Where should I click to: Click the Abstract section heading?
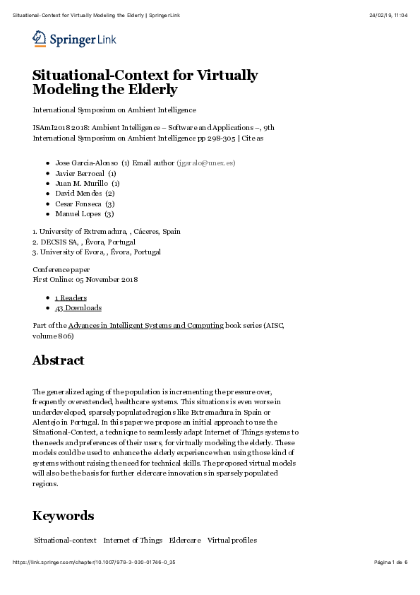(x=59, y=360)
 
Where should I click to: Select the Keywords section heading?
(x=63, y=515)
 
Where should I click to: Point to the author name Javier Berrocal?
(x=80, y=172)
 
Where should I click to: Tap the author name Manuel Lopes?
(x=78, y=213)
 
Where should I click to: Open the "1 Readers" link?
(x=71, y=298)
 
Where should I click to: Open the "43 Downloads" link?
(x=78, y=308)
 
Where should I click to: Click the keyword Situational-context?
(x=66, y=541)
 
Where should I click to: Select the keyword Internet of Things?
(x=133, y=541)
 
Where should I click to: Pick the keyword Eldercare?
(x=184, y=541)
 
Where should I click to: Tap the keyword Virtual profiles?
(x=232, y=541)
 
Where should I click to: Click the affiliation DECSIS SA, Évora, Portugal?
(x=88, y=242)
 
